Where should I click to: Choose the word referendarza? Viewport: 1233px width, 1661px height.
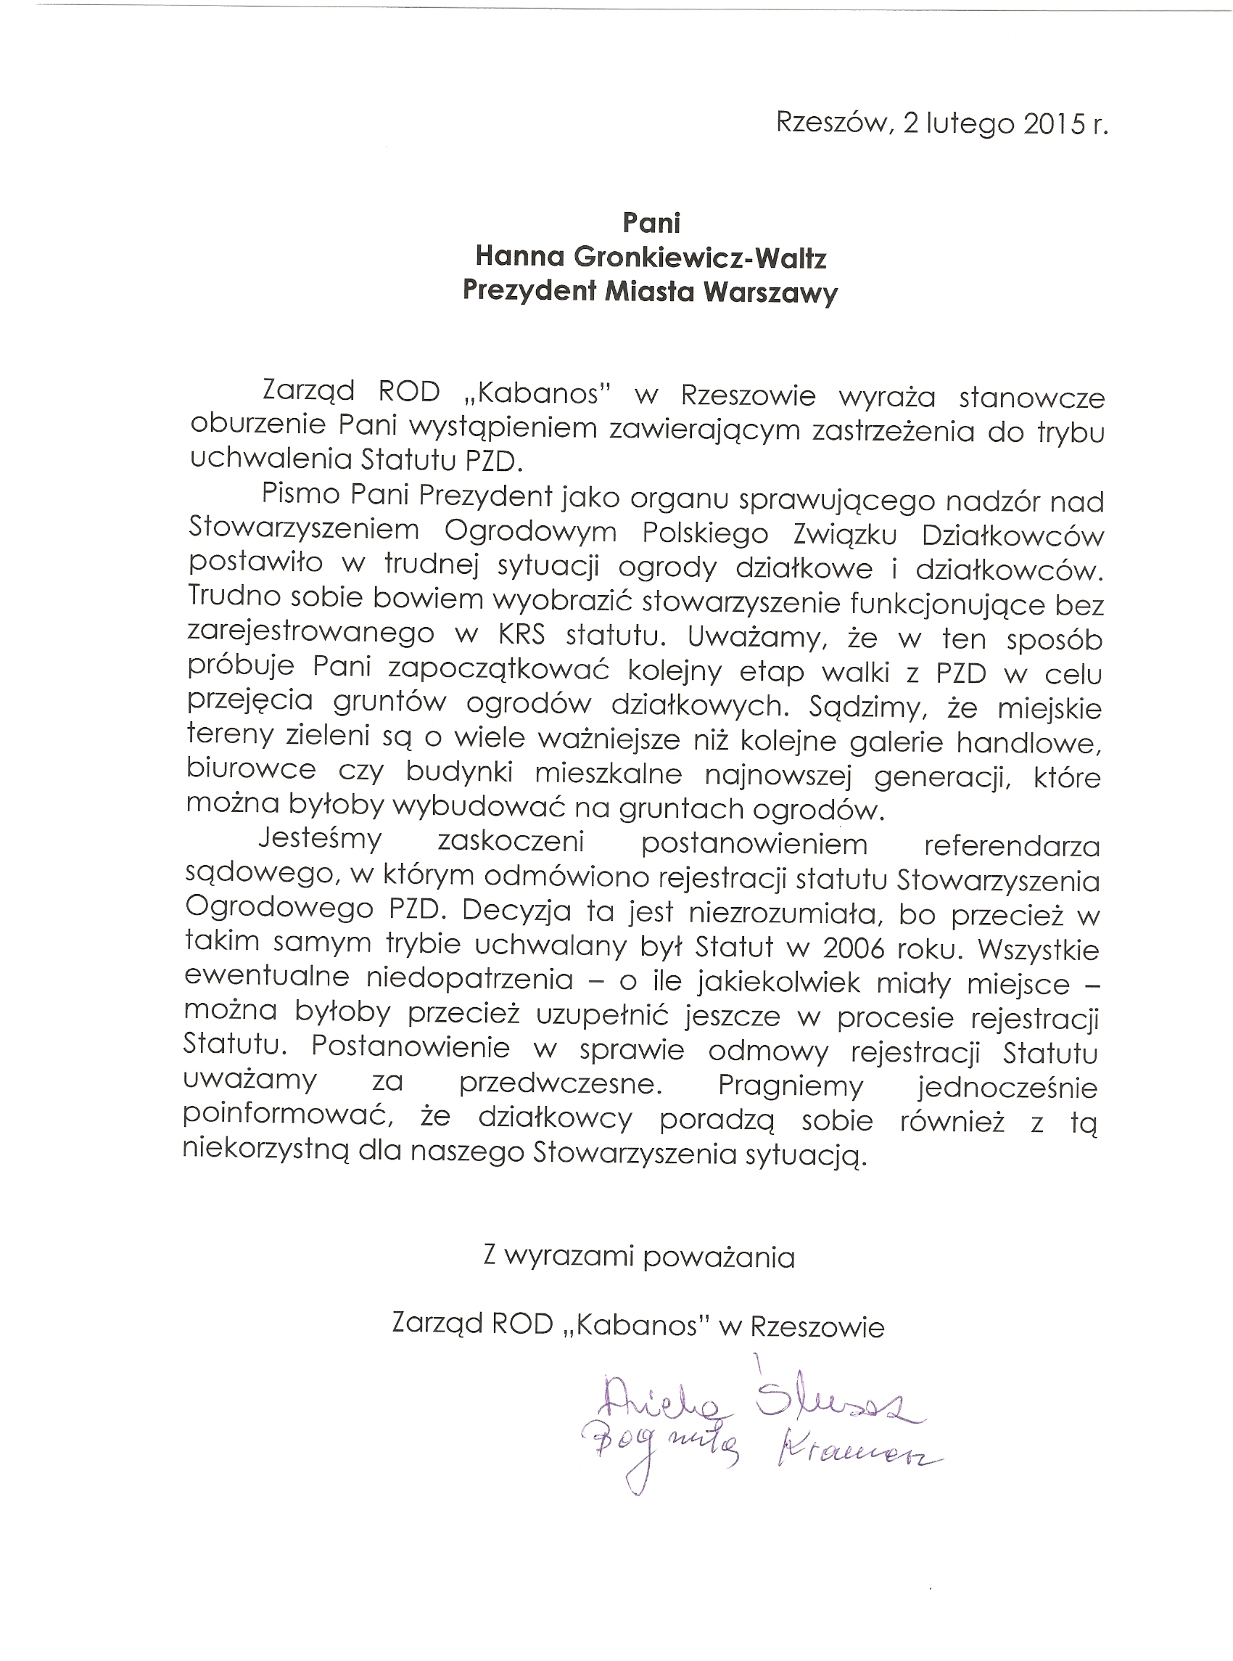pyautogui.click(x=1011, y=845)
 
